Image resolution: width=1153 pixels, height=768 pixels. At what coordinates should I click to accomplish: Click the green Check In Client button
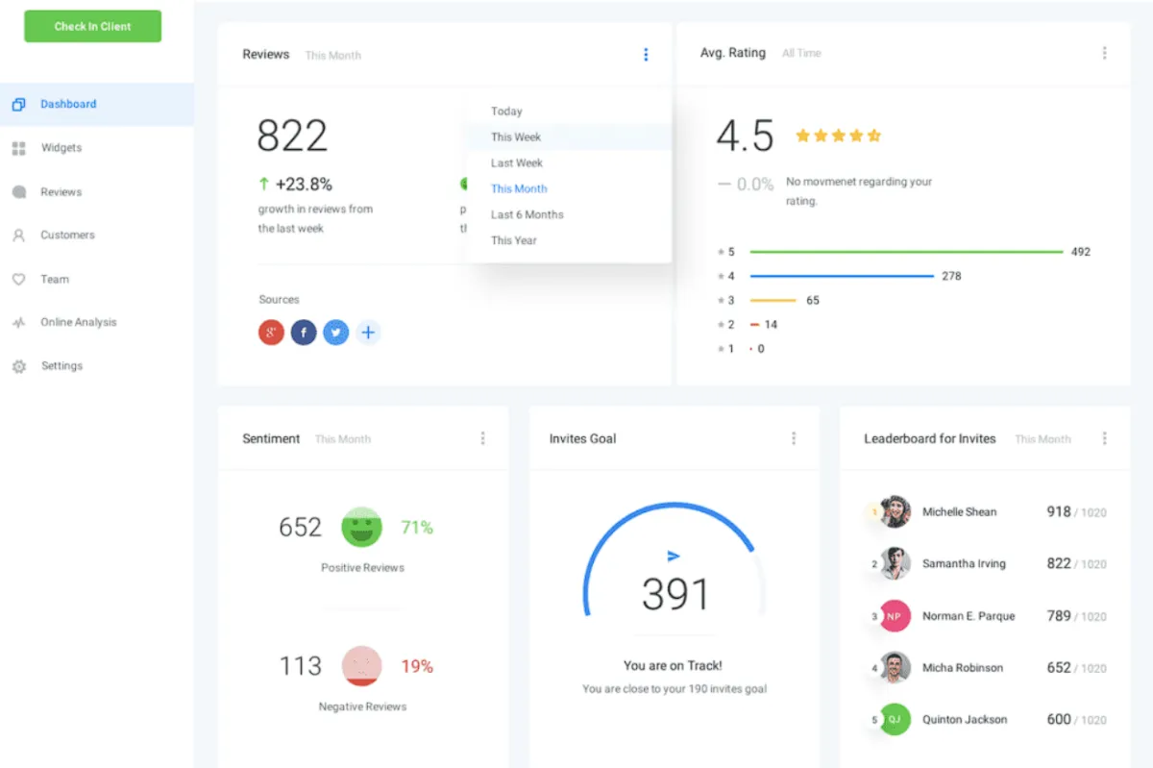click(x=92, y=26)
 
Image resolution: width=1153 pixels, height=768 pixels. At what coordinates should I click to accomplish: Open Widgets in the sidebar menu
click(x=61, y=148)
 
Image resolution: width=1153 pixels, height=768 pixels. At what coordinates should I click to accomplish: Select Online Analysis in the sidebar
click(x=78, y=322)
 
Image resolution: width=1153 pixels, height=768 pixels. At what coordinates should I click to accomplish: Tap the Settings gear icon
click(x=18, y=366)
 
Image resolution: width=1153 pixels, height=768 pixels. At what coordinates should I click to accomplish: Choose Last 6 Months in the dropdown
click(x=527, y=214)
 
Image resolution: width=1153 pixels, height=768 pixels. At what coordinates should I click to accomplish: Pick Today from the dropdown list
click(x=506, y=111)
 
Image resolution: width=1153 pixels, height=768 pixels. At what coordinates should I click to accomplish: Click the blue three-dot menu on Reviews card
click(x=646, y=55)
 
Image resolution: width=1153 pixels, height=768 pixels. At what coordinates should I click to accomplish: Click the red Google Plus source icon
click(x=272, y=333)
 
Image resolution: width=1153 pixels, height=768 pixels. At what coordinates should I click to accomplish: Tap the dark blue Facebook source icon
click(x=304, y=333)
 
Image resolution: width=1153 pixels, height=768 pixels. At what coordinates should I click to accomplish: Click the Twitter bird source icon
click(x=335, y=333)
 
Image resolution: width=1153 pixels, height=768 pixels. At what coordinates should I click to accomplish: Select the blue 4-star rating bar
click(x=842, y=276)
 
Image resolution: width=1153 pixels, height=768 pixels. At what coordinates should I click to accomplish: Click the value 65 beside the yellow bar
click(x=813, y=300)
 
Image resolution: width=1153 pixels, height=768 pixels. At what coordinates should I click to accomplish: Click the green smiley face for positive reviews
click(x=361, y=527)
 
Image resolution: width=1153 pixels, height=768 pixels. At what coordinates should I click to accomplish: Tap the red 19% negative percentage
click(x=417, y=666)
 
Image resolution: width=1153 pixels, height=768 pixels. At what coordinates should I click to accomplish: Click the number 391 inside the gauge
click(x=675, y=594)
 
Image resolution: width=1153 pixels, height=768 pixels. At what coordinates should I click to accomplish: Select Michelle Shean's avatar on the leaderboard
click(x=895, y=511)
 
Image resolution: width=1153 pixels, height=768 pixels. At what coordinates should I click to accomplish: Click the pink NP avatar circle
click(x=895, y=616)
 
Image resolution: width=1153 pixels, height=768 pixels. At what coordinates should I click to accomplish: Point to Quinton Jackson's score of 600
click(x=1059, y=719)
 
